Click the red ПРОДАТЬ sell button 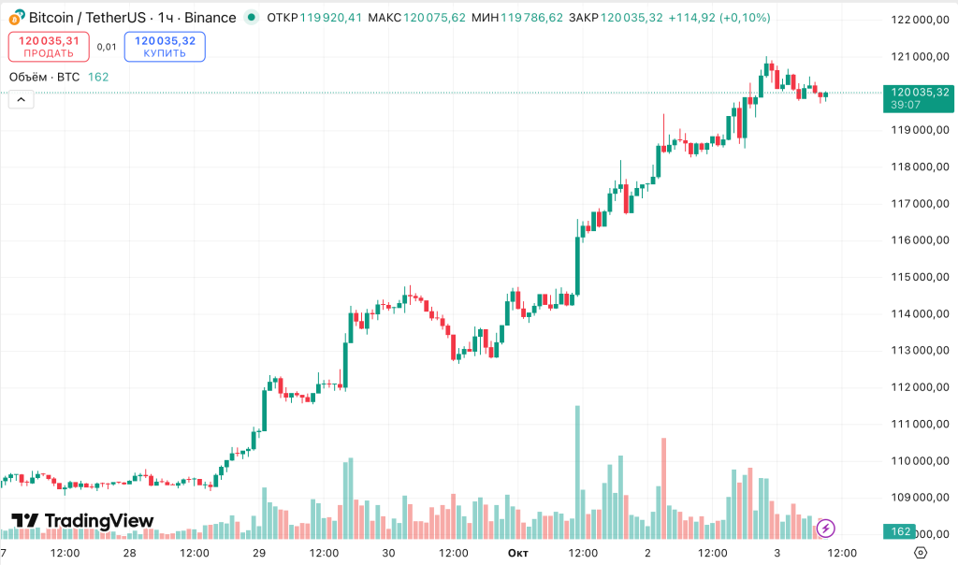click(49, 46)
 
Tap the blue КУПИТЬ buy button click(165, 46)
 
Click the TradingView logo click(82, 521)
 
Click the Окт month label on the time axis click(517, 553)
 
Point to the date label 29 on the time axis click(259, 553)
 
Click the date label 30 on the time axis click(389, 553)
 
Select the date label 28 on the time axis click(129, 553)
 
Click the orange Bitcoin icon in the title click(17, 18)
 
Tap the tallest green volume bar click(577, 471)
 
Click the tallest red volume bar click(663, 487)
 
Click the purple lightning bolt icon click(825, 529)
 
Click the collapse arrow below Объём click(21, 101)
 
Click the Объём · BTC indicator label click(44, 77)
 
